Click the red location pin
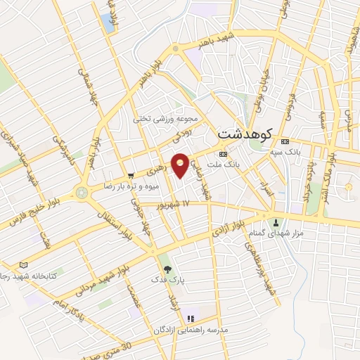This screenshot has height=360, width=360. (x=181, y=165)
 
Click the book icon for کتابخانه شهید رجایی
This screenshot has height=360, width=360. (x=25, y=265)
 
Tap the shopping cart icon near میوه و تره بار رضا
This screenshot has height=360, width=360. (x=131, y=176)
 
